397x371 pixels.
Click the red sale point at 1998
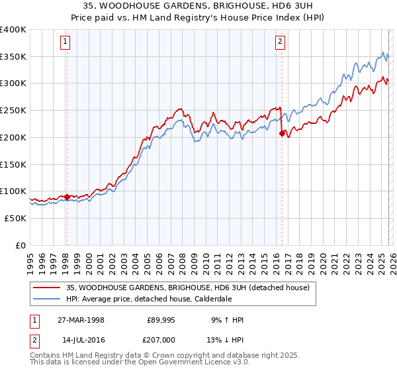tap(67, 197)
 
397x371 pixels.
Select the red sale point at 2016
tap(283, 133)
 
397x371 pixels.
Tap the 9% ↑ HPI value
tap(228, 320)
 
